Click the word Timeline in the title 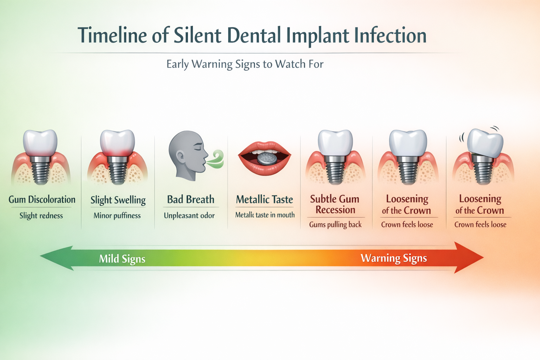tap(112, 35)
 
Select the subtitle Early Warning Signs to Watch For tap(245, 64)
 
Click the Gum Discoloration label tap(42, 200)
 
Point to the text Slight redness tap(41, 216)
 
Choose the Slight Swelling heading tap(118, 200)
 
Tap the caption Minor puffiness tap(117, 216)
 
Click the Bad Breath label tap(191, 199)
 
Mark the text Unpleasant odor tap(189, 216)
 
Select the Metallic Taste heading tap(264, 199)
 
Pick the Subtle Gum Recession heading tap(335, 204)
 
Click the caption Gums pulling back tap(335, 224)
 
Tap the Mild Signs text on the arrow tap(122, 259)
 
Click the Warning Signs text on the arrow tap(394, 258)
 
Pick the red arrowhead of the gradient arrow tap(469, 258)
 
